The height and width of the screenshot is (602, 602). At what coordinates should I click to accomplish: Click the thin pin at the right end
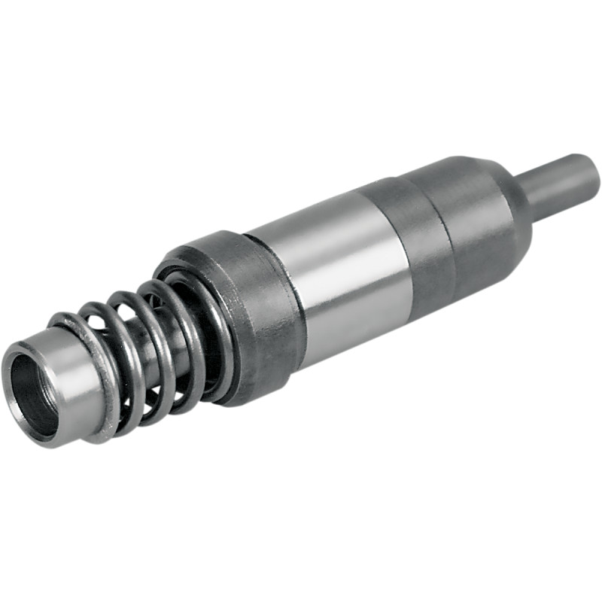tap(557, 185)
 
